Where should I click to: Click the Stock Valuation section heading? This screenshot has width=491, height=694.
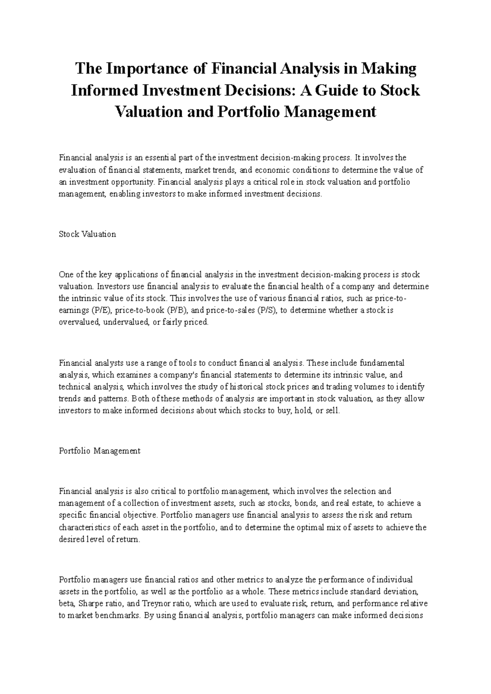(87, 234)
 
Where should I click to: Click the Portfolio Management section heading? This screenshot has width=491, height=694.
(99, 451)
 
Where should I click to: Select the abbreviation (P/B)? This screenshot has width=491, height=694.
(177, 310)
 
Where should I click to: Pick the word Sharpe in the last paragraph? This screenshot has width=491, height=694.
(89, 603)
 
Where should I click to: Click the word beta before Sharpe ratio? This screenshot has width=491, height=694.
(67, 603)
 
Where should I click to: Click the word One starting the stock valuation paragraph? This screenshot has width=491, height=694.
(65, 274)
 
